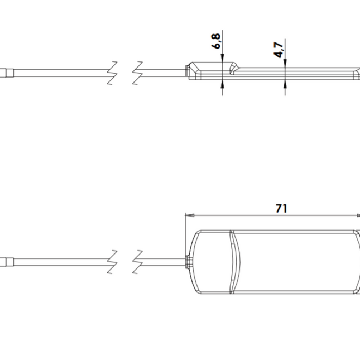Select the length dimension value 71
(x=281, y=208)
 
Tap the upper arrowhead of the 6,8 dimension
(x=223, y=59)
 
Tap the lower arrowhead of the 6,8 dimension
(x=223, y=82)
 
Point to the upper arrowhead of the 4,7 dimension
(x=285, y=65)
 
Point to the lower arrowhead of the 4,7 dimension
(x=285, y=82)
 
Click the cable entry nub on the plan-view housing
(x=189, y=260)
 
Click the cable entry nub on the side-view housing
(x=186, y=70)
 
